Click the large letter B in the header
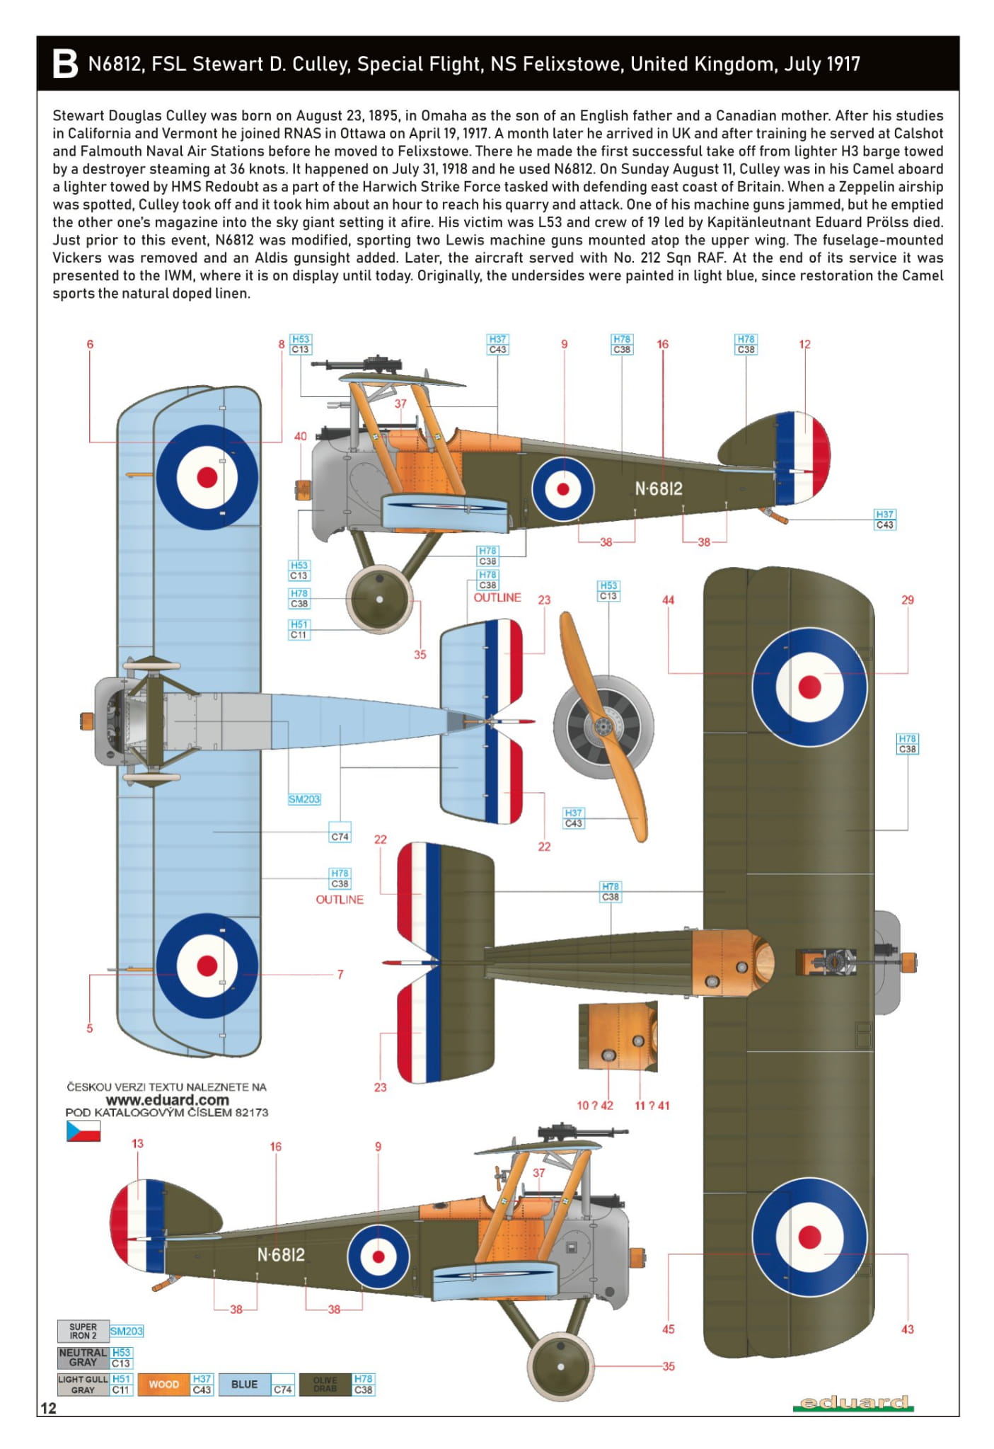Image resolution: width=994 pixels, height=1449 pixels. click(x=65, y=64)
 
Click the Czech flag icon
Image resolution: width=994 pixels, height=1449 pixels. click(x=83, y=1131)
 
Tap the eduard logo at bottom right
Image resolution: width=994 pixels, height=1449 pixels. click(x=854, y=1402)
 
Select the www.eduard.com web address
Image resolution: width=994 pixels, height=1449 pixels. click(x=167, y=1100)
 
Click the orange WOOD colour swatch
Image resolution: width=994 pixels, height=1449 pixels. click(x=164, y=1384)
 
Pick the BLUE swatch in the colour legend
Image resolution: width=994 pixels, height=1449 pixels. click(x=245, y=1384)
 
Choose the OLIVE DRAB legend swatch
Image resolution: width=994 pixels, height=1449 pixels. click(x=325, y=1384)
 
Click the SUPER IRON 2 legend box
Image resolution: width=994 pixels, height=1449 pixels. click(x=83, y=1331)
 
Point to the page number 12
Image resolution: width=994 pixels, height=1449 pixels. click(x=48, y=1408)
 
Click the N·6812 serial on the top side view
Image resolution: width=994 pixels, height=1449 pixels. click(x=658, y=488)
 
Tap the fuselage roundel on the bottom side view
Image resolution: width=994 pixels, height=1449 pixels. click(x=378, y=1256)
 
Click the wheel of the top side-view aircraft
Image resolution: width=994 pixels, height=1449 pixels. click(x=379, y=599)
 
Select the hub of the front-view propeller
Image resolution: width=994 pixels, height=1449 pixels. click(x=603, y=725)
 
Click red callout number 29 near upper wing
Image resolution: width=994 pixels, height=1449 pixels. click(x=907, y=600)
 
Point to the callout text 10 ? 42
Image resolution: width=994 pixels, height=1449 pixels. click(x=594, y=1105)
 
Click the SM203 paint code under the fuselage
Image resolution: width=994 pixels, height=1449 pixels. click(x=304, y=799)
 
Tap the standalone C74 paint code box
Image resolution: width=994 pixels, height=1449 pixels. click(x=340, y=836)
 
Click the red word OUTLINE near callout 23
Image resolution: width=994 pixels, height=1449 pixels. click(x=497, y=597)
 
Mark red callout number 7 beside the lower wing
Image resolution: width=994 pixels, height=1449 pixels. click(x=340, y=974)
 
